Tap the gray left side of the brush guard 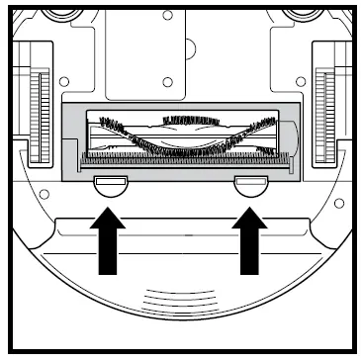(72, 138)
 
